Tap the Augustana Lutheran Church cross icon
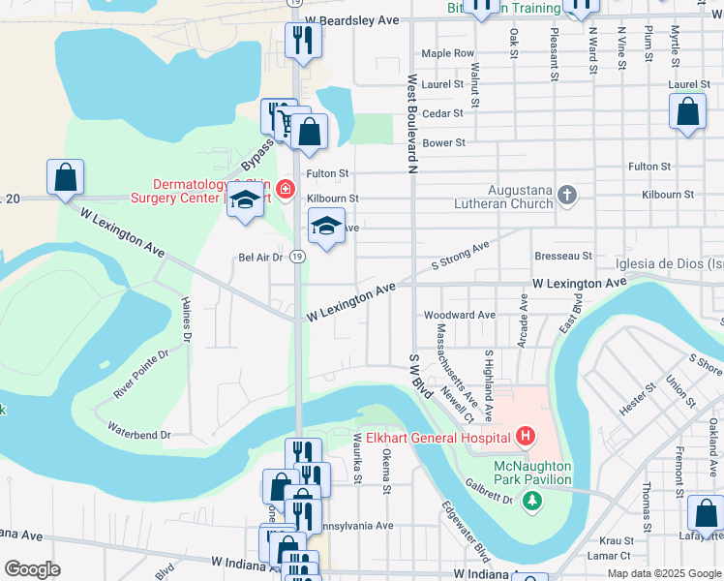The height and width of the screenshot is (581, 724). pos(568,197)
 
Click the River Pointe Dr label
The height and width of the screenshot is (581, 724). pos(140,373)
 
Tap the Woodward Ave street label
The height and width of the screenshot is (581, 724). pos(460,315)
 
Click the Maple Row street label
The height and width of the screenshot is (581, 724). pos(448,53)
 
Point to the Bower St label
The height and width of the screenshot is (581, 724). pos(444,142)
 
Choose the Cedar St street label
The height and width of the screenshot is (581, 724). pos(443,113)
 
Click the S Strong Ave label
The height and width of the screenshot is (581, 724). pos(460,256)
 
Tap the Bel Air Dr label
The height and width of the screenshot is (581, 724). pos(259,257)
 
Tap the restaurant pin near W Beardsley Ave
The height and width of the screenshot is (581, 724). pos(303,41)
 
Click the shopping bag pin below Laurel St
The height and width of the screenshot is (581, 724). pos(687,112)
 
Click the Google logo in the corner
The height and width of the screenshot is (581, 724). pos(32,568)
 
